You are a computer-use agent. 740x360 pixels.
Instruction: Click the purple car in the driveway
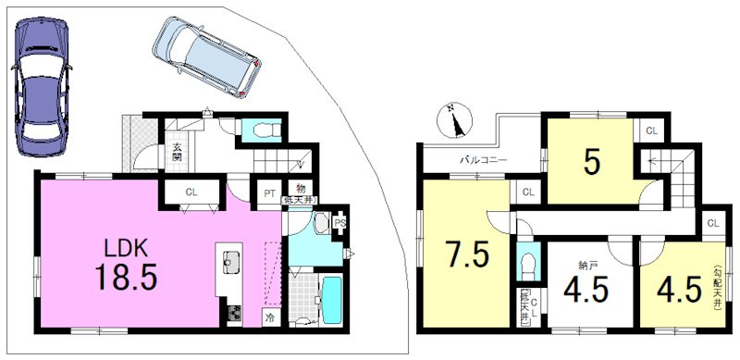coord(40,85)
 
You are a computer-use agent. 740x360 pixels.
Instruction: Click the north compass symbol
coord(456,119)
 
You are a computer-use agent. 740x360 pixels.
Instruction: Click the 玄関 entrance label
coord(176,152)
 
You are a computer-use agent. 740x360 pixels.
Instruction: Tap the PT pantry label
coord(268,193)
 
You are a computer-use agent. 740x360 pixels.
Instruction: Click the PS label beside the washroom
coord(340,223)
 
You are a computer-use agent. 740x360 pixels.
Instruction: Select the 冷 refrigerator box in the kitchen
coord(271,317)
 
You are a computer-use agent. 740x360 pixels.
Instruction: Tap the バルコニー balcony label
coord(484,160)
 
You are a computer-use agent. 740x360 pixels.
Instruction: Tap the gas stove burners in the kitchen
coord(233,314)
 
